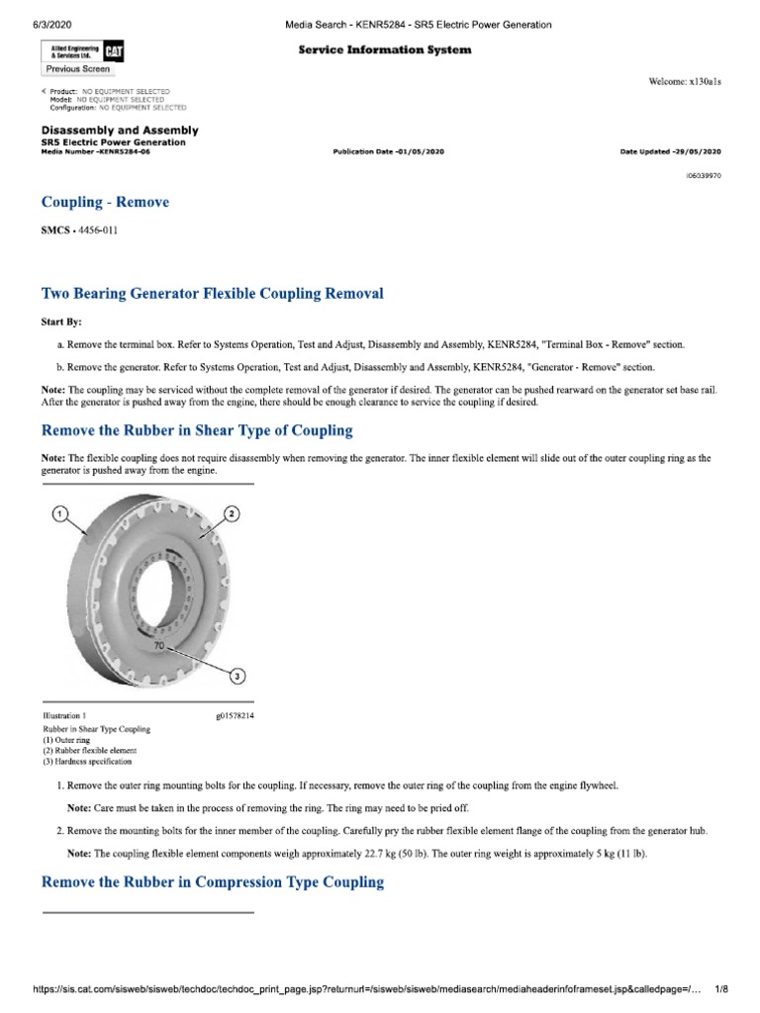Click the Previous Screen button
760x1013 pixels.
(77, 69)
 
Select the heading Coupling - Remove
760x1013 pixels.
(105, 202)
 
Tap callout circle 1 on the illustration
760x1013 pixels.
(58, 513)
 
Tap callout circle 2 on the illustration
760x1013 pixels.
(232, 513)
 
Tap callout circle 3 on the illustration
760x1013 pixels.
(237, 677)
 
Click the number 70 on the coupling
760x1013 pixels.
(158, 644)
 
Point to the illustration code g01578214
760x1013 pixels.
(235, 714)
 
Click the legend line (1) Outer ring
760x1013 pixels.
(67, 740)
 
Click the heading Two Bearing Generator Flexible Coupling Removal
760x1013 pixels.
(212, 294)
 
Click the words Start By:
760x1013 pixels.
(61, 322)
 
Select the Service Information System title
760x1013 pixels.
(385, 49)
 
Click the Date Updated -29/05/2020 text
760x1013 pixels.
(670, 151)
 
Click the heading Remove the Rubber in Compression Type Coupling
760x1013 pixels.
(212, 881)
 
